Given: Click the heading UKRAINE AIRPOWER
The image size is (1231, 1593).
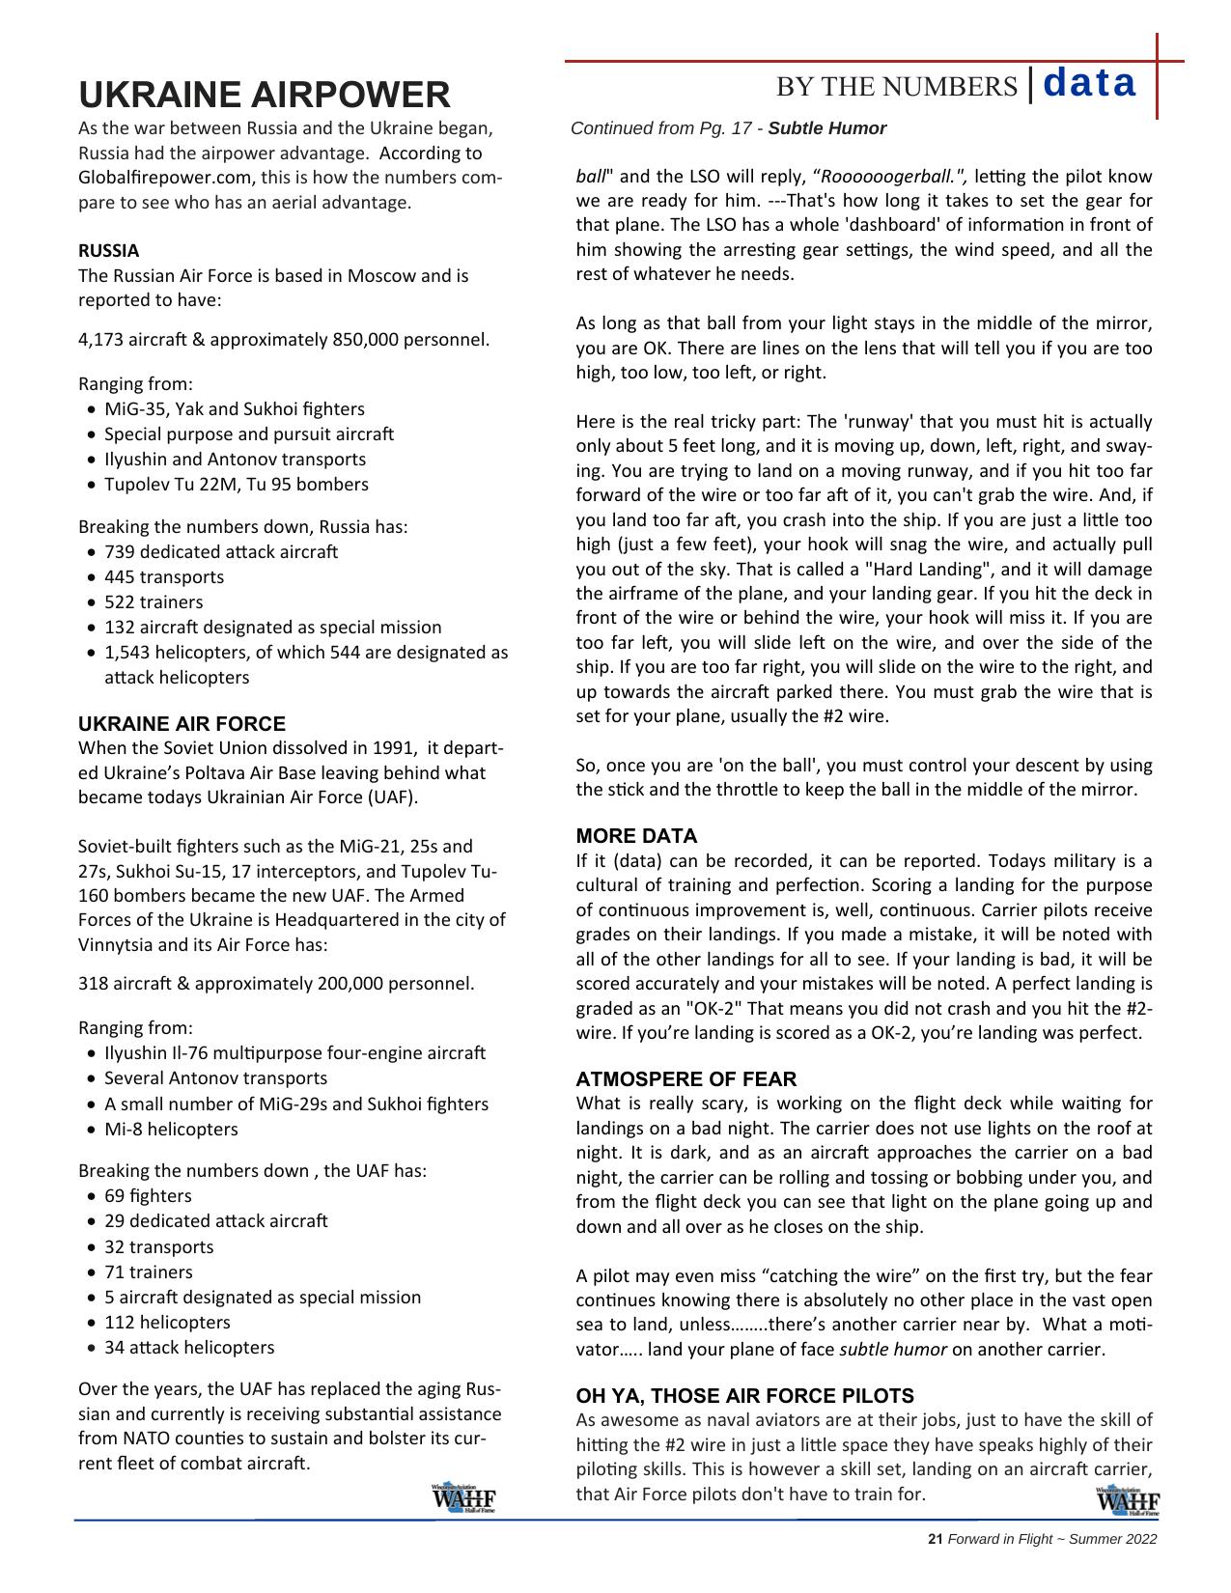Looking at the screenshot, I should pos(264,95).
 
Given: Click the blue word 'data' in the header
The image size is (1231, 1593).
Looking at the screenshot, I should pos(1089,84).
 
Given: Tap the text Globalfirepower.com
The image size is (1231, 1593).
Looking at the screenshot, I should pos(166,178).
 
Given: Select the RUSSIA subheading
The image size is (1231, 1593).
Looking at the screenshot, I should pos(108,250).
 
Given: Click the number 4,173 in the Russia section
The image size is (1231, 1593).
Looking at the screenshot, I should pos(100,340).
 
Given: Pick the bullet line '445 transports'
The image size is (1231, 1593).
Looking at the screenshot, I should pos(163,577).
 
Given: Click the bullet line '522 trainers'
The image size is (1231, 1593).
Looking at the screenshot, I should pos(154,602).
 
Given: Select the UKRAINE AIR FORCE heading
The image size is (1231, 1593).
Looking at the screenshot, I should pos(182,724).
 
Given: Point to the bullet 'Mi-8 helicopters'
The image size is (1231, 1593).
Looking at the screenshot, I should pos(170,1129).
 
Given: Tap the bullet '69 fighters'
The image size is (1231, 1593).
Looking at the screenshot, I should pos(148,1196).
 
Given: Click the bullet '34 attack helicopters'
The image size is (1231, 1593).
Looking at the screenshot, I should pos(188,1347).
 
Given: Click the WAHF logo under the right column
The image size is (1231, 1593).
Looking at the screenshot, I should pos(1127,1502).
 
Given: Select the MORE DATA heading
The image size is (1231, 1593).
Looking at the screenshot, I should pos(636,836).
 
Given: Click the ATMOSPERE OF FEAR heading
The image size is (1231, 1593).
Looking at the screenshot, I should pos(685,1079).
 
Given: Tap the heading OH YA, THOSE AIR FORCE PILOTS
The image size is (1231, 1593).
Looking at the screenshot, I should pos(744,1396).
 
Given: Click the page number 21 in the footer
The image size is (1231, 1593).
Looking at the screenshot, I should pos(934,1539).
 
